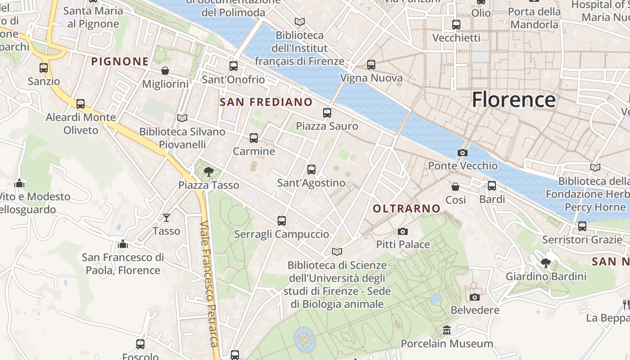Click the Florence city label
click(513, 99)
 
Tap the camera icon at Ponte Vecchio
click(462, 153)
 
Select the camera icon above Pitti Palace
click(403, 231)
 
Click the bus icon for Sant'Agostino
click(311, 170)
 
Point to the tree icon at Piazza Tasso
click(208, 171)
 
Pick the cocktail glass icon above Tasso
click(166, 218)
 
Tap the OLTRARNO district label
click(406, 208)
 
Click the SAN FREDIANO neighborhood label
click(266, 102)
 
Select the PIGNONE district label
click(120, 61)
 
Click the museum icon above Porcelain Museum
click(447, 330)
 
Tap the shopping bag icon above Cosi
click(455, 186)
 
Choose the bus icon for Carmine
click(254, 138)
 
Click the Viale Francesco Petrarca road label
click(210, 283)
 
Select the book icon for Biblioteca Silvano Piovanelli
click(182, 118)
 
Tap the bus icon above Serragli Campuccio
click(282, 221)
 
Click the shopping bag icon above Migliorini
click(165, 71)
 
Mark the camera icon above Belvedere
click(474, 297)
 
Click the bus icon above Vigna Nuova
click(371, 65)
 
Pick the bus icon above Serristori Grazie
click(582, 226)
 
